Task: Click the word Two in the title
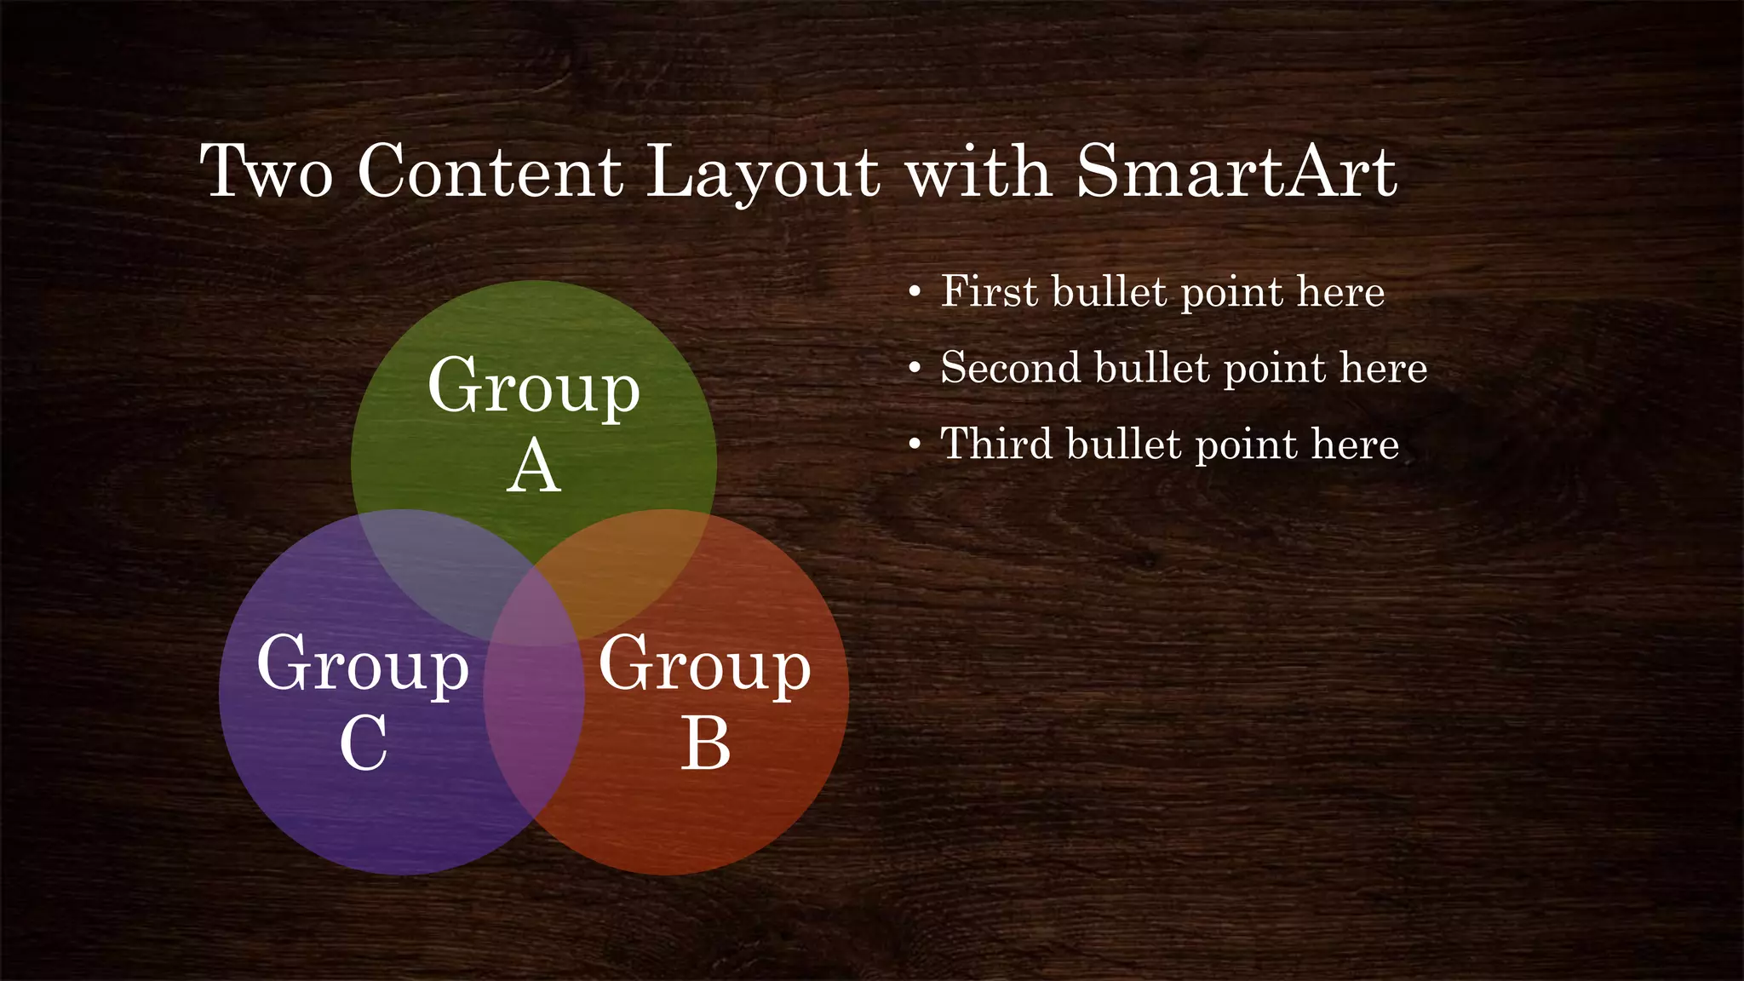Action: click(266, 172)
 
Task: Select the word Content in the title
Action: click(490, 172)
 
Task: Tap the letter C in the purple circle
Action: click(364, 743)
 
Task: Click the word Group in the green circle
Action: click(534, 387)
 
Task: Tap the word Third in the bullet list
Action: click(995, 444)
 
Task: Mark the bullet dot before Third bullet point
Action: click(915, 445)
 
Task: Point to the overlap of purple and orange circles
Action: click(534, 724)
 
